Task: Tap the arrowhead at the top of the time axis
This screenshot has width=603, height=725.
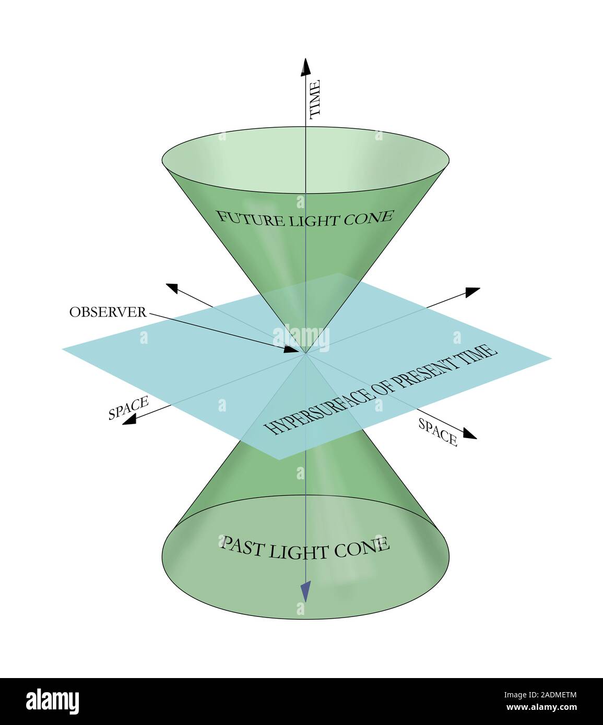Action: tap(305, 67)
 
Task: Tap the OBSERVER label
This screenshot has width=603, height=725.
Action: tap(108, 312)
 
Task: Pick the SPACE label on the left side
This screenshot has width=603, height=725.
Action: tap(128, 408)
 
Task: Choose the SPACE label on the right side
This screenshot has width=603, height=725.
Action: tap(438, 432)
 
